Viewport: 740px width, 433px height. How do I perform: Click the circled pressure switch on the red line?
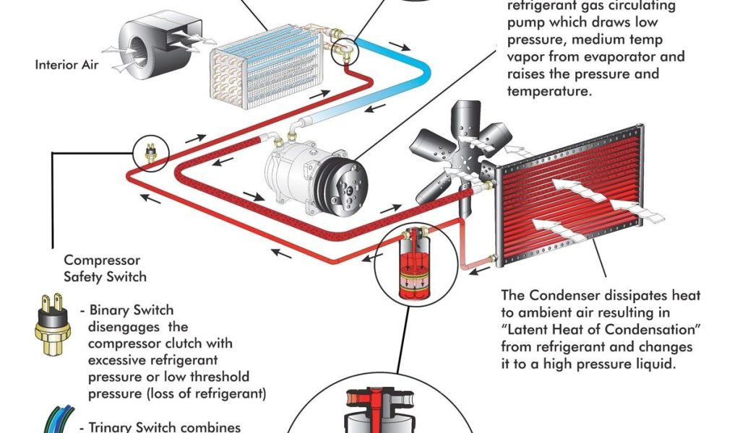[150, 152]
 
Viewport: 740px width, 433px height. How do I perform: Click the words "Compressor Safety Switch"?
[105, 268]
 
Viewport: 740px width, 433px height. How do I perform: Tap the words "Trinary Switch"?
[134, 427]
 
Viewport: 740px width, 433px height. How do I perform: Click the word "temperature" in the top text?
[550, 91]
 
